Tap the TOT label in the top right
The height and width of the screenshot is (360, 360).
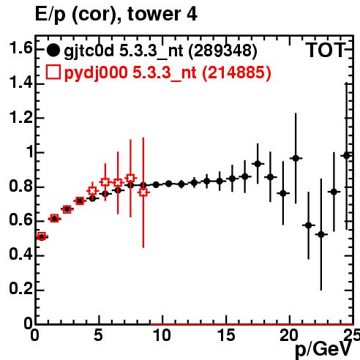325,50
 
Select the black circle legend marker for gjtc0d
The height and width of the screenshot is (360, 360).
53,50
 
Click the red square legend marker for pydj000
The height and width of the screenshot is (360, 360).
53,72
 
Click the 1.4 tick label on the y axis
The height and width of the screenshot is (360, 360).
20,83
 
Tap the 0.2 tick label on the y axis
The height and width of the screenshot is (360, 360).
20,288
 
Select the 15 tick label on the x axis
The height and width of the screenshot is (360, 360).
226,335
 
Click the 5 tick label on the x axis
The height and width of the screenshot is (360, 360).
98,335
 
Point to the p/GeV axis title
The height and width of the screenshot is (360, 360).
323,349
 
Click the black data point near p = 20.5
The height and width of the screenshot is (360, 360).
296,158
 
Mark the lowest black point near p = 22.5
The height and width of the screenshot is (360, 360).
321,235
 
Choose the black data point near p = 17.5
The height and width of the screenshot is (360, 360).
258,164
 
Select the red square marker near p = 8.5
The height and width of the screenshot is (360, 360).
143,192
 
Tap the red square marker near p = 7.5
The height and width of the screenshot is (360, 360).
130,179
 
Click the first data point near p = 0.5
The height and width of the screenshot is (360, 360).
42,236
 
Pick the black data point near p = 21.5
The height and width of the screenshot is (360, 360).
309,225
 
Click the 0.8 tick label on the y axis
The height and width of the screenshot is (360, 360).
20,186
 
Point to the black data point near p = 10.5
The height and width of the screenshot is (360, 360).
168,184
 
